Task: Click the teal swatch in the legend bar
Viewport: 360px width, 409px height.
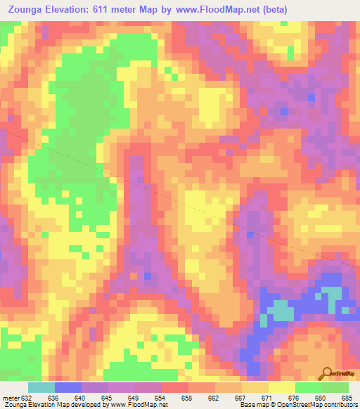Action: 41,388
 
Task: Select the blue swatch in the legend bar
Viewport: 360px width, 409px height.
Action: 67,388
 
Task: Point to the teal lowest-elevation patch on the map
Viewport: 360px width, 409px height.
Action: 282,310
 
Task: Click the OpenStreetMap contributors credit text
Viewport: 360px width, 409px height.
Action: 321,404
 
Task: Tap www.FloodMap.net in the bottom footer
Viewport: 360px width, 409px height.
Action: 139,404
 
